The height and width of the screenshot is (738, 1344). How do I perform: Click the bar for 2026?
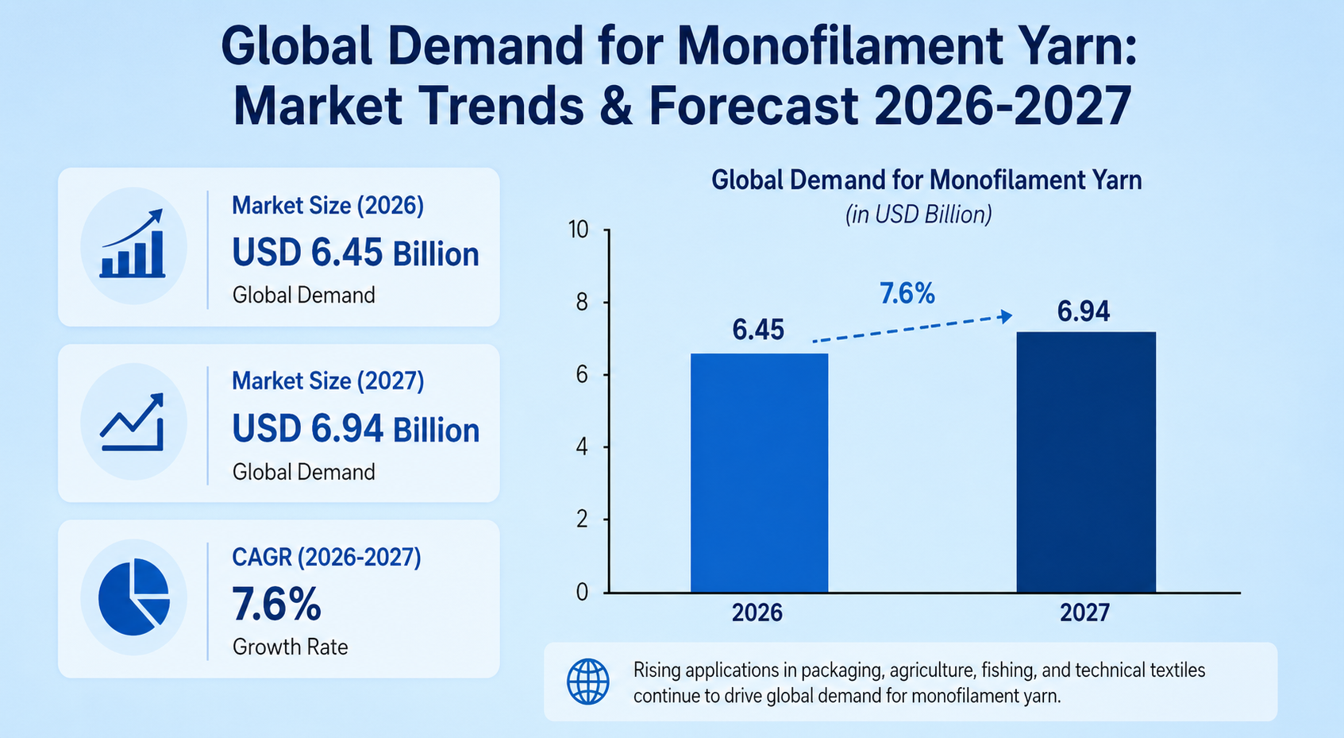759,473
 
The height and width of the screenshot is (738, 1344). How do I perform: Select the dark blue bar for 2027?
1085,462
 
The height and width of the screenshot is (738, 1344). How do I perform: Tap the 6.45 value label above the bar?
757,330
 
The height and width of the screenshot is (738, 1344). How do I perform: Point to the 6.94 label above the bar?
1083,311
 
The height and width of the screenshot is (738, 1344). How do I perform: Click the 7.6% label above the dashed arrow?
907,294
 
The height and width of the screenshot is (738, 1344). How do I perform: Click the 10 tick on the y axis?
579,230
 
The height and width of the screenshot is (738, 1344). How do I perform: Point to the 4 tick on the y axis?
582,447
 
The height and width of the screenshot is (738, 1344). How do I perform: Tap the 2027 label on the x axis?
1084,612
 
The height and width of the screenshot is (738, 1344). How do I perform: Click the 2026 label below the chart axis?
757,612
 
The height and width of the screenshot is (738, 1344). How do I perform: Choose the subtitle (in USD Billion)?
918,214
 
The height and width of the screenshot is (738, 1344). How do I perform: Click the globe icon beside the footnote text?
588,682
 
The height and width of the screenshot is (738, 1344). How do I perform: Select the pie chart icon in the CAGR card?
133,597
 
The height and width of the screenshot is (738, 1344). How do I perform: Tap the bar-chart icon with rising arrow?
133,245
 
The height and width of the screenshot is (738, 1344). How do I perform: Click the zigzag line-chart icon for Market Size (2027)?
133,422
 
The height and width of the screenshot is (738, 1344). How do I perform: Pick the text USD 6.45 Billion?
355,253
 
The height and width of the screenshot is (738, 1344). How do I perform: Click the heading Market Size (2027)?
328,381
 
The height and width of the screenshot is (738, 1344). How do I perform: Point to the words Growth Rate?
290,647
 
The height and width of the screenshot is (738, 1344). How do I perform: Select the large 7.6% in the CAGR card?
276,605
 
